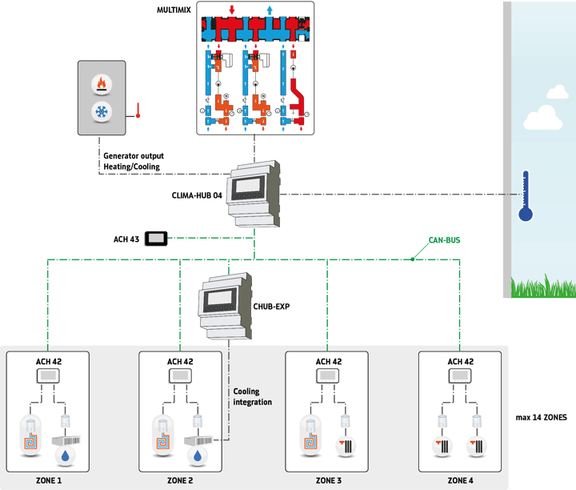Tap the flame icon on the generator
pyautogui.click(x=101, y=82)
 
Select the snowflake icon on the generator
pyautogui.click(x=101, y=110)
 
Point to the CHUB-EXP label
pyautogui.click(x=270, y=305)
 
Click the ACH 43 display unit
pyautogui.click(x=155, y=239)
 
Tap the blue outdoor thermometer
pyautogui.click(x=525, y=195)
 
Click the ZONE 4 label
pyautogui.click(x=460, y=480)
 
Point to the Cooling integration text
pyautogui.click(x=252, y=397)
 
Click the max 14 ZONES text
pyautogui.click(x=542, y=418)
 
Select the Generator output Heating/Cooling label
pyautogui.click(x=131, y=162)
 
